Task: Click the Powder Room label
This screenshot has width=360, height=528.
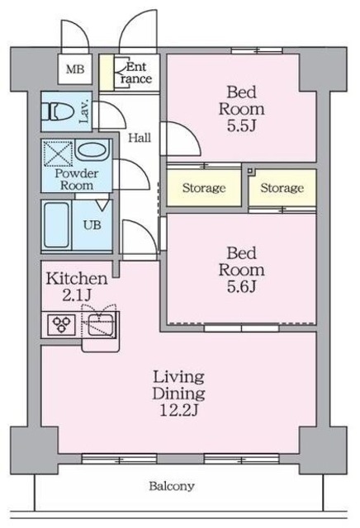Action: (x=77, y=179)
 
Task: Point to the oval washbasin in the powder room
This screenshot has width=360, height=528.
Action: (x=92, y=153)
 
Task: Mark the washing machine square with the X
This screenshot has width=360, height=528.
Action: (x=59, y=153)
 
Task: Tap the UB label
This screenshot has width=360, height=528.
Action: (x=91, y=224)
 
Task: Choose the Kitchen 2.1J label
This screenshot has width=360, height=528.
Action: (x=76, y=285)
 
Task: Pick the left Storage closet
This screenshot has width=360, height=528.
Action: (x=203, y=188)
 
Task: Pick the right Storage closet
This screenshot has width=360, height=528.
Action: (x=282, y=188)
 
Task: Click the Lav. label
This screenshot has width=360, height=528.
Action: (x=83, y=110)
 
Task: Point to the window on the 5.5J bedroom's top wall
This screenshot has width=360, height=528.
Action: (x=255, y=52)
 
